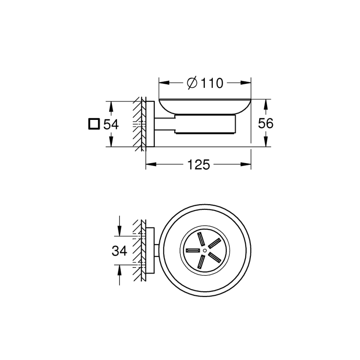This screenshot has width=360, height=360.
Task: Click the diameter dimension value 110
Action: coord(212,83)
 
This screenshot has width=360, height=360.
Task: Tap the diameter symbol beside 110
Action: coord(192,83)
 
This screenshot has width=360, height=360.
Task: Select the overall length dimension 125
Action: coord(199,165)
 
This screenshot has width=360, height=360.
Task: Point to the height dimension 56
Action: coord(265,123)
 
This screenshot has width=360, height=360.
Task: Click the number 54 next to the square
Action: coord(111,124)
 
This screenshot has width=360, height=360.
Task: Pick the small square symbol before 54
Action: coord(94,124)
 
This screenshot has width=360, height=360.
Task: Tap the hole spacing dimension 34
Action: coord(119,251)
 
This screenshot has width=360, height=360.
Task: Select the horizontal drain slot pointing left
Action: coord(193,251)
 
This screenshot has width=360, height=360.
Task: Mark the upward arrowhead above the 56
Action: coord(265,102)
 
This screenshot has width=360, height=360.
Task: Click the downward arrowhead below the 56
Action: coord(265,144)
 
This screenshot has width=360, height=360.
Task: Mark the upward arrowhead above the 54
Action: coord(111,104)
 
